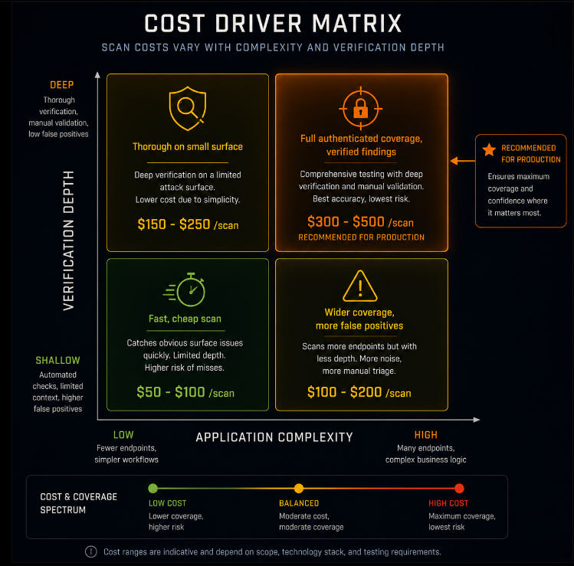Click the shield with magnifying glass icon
[x=188, y=108]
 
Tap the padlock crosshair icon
[x=361, y=109]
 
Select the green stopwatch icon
[x=184, y=290]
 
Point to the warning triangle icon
[x=360, y=286]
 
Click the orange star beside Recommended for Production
[x=489, y=149]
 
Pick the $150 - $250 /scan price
[x=188, y=224]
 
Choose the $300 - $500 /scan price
[x=361, y=221]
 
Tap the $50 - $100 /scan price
[x=185, y=392]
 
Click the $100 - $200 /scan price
[x=359, y=392]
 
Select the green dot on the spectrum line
[x=153, y=488]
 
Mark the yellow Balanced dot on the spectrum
[x=299, y=488]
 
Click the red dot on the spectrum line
[x=459, y=488]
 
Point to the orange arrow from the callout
[x=463, y=161]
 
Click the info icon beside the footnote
[x=90, y=551]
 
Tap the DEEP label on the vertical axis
[x=62, y=85]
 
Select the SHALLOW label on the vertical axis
[x=57, y=361]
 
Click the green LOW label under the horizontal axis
[x=123, y=435]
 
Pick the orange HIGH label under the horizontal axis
[x=426, y=435]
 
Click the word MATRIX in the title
[x=357, y=24]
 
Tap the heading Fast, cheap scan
[x=185, y=319]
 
